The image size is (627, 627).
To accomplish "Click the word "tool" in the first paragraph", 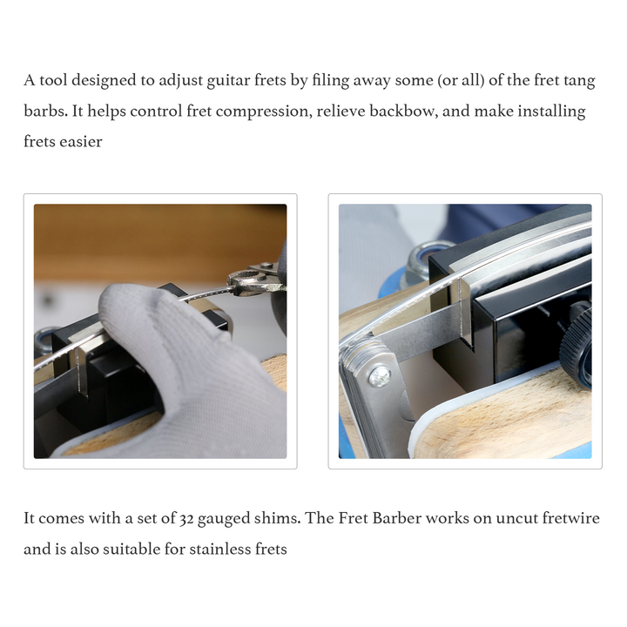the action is [x=53, y=80].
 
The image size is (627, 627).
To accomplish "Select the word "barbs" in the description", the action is [x=45, y=111].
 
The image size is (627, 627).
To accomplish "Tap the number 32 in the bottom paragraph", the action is [x=186, y=519].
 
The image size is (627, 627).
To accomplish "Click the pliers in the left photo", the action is [x=256, y=280].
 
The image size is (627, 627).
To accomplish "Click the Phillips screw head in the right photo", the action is [x=380, y=377].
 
